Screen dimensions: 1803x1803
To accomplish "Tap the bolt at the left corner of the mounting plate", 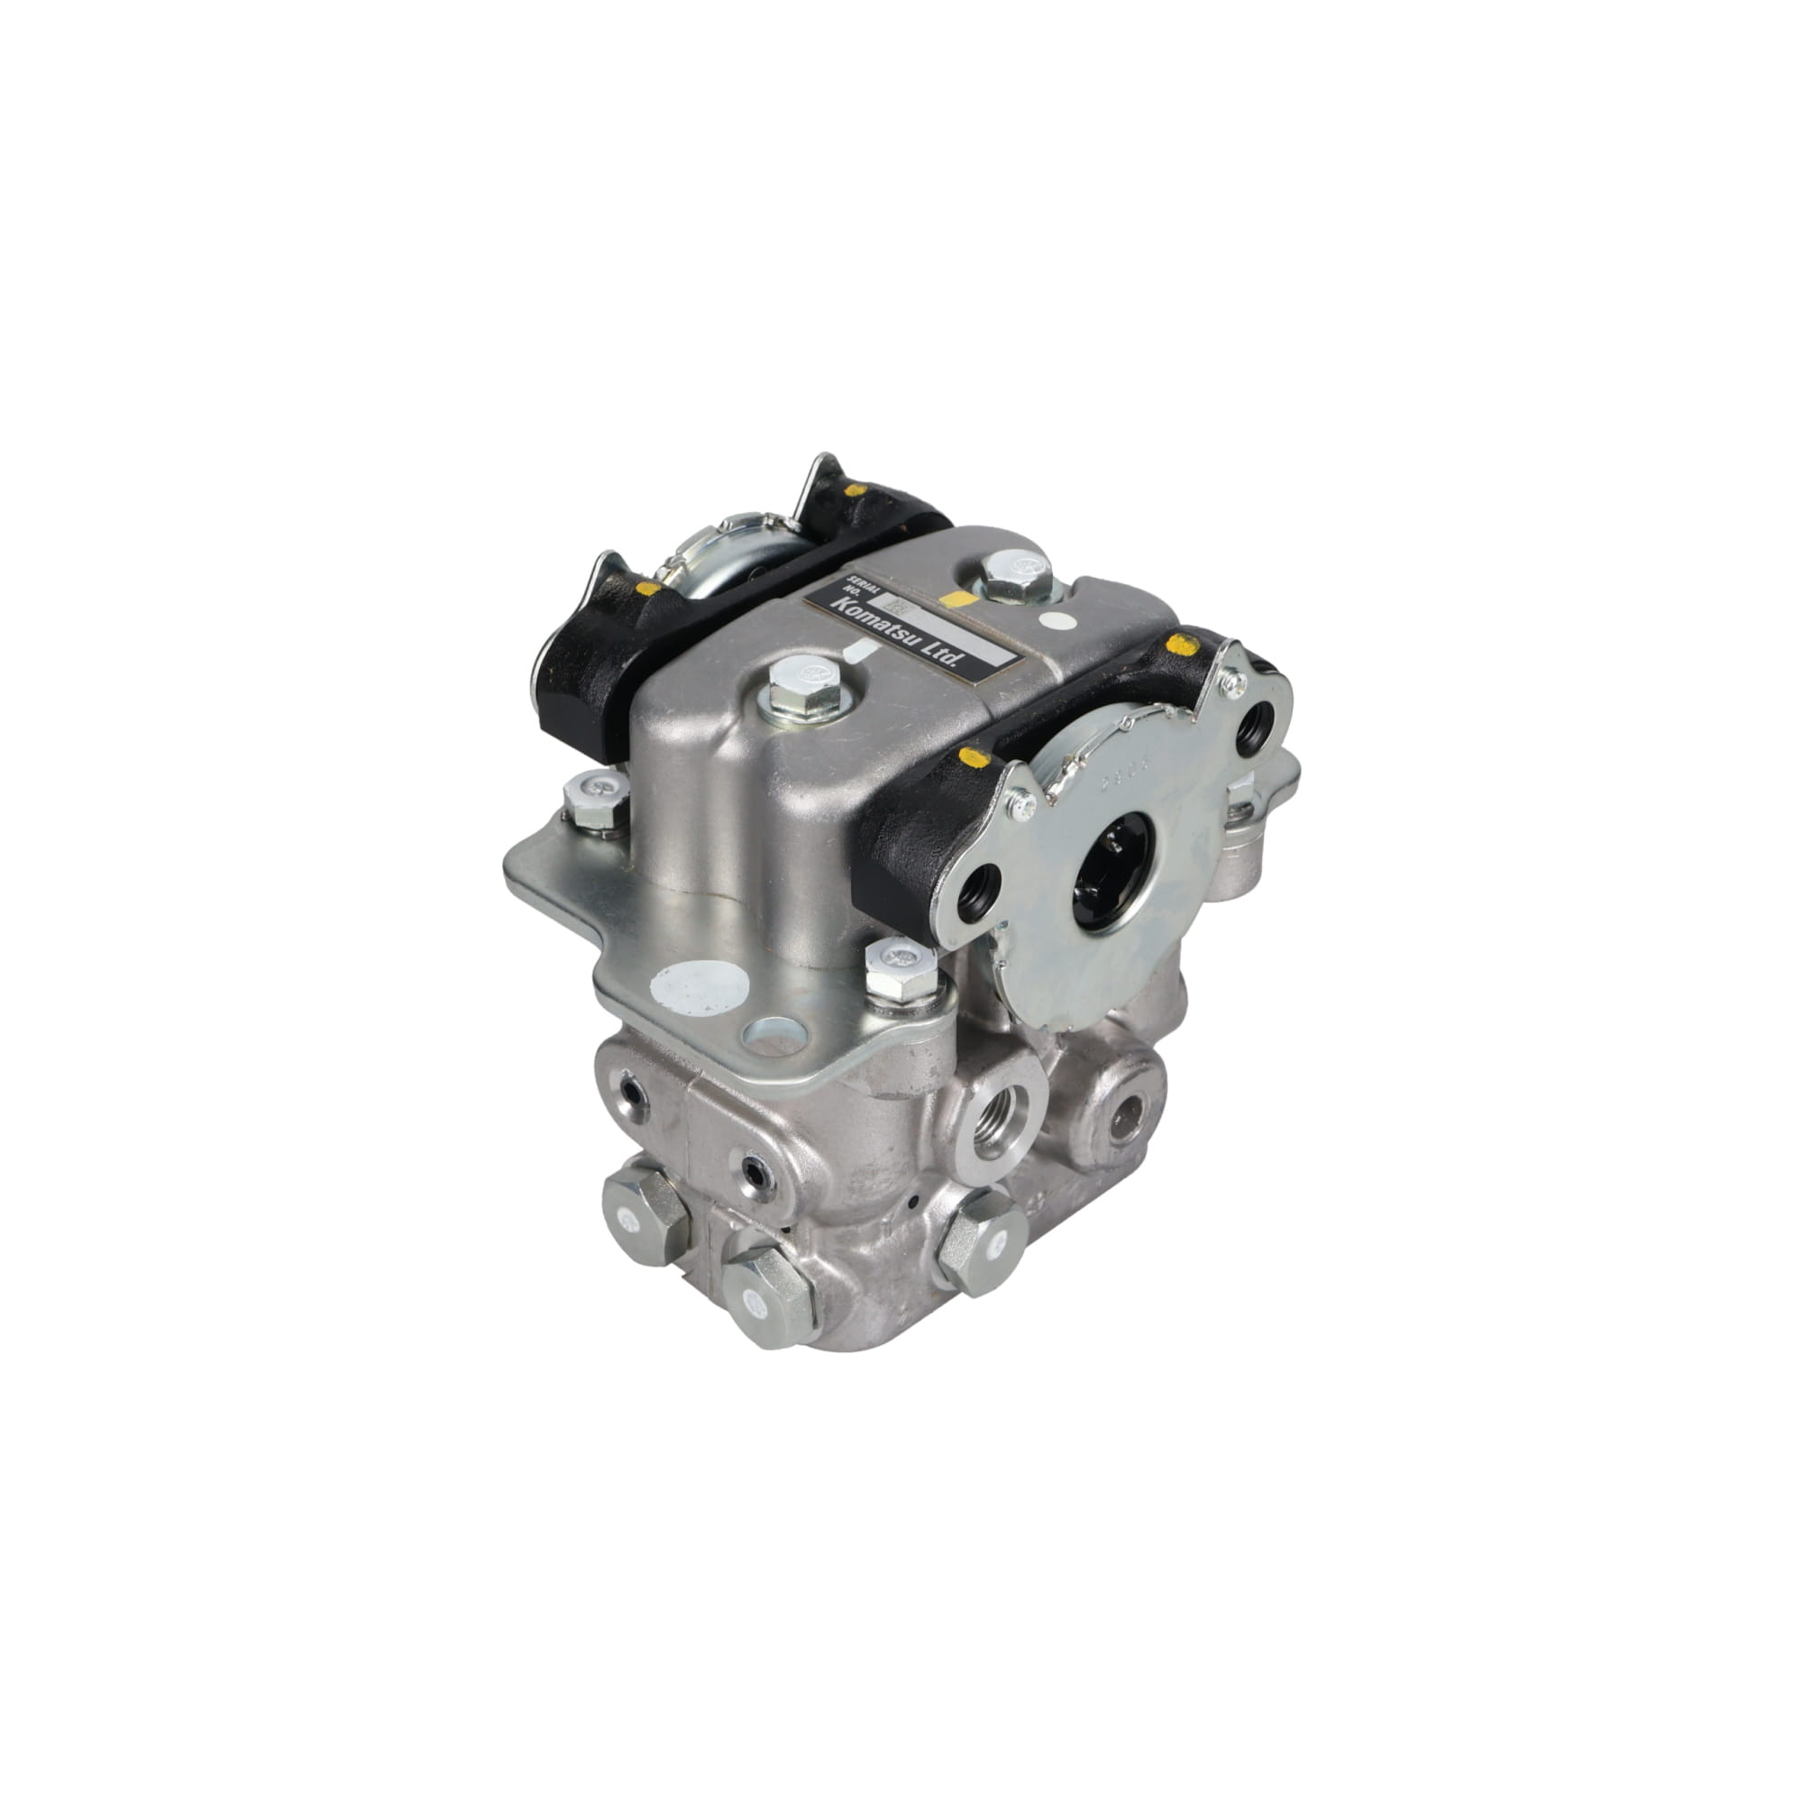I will point(594,803).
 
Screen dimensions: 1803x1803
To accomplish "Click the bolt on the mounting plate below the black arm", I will point(901,973).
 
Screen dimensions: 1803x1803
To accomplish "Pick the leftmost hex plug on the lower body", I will point(645,1218).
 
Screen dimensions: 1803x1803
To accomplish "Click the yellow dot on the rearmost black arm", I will point(854,490).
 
